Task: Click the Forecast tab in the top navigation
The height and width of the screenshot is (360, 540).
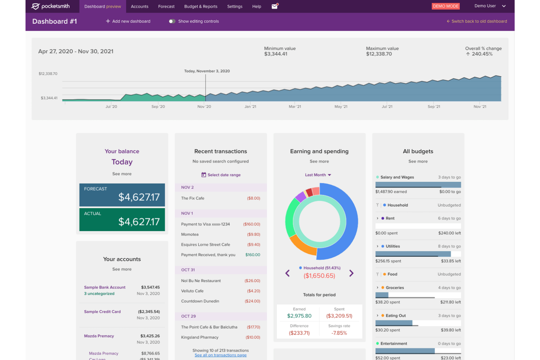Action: pos(166,7)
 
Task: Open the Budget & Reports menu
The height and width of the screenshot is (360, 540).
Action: pos(201,7)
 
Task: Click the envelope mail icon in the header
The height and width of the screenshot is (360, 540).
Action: pos(275,7)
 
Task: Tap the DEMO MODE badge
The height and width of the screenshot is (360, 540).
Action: pos(445,6)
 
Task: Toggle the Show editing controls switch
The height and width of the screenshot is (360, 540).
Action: pos(172,21)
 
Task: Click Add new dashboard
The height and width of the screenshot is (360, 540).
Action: pos(128,21)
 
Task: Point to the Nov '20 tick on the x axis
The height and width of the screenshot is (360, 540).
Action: pos(204,107)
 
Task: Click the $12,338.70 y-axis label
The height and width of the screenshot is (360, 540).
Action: pos(48,74)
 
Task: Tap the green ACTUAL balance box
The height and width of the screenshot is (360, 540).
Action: pos(122,220)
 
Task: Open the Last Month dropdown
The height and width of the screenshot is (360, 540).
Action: pos(318,175)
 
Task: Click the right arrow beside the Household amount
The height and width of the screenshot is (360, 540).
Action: pos(351,273)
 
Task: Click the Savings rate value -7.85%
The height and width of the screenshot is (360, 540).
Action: pos(339,333)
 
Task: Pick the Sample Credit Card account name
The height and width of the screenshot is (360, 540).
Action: pos(102,312)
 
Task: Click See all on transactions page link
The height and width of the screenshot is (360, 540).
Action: pos(220,355)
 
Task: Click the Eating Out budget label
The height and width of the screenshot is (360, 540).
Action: pos(396,316)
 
